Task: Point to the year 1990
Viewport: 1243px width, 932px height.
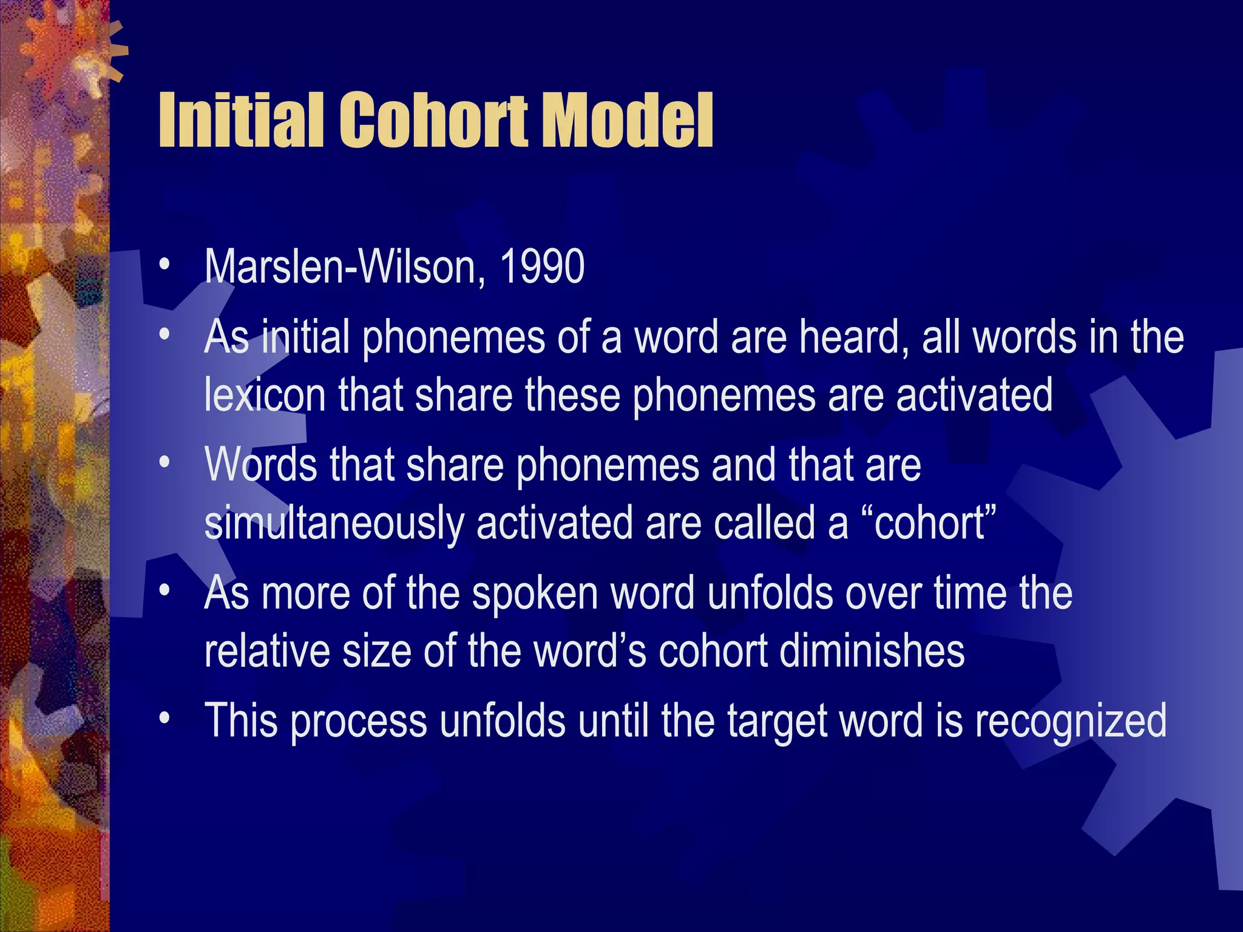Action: pos(541,267)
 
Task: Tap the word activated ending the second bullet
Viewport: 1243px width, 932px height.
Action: pos(974,396)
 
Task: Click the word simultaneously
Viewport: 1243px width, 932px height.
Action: pos(334,523)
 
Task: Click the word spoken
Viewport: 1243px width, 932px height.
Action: pos(535,593)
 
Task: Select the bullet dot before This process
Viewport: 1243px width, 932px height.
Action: pos(163,718)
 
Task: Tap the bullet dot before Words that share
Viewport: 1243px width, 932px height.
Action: pos(163,463)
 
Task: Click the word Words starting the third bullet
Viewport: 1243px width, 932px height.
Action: pos(261,465)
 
